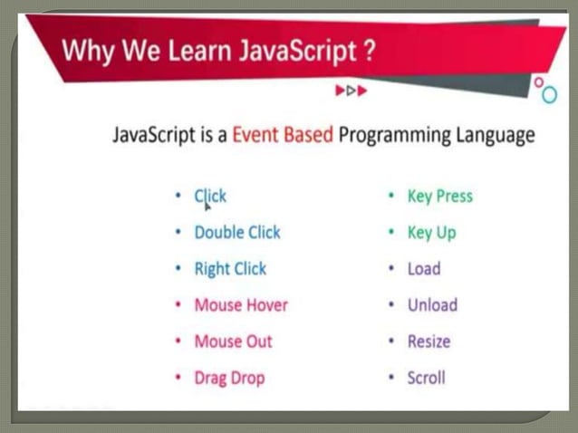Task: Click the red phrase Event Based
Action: pos(283,135)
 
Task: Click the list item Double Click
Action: pos(237,233)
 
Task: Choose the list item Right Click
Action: pos(230,269)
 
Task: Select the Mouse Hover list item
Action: pos(241,305)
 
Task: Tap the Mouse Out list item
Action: pos(233,342)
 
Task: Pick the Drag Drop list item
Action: pos(229,378)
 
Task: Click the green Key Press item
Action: pos(439,197)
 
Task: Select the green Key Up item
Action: pos(431,233)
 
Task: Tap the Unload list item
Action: pos(432,305)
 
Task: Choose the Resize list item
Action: pos(429,342)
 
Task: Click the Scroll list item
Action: pos(426,378)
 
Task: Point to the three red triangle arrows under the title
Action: pos(352,91)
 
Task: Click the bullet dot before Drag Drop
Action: pos(178,378)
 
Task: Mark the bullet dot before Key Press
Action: pos(390,197)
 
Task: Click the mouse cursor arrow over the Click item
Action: pos(207,204)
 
